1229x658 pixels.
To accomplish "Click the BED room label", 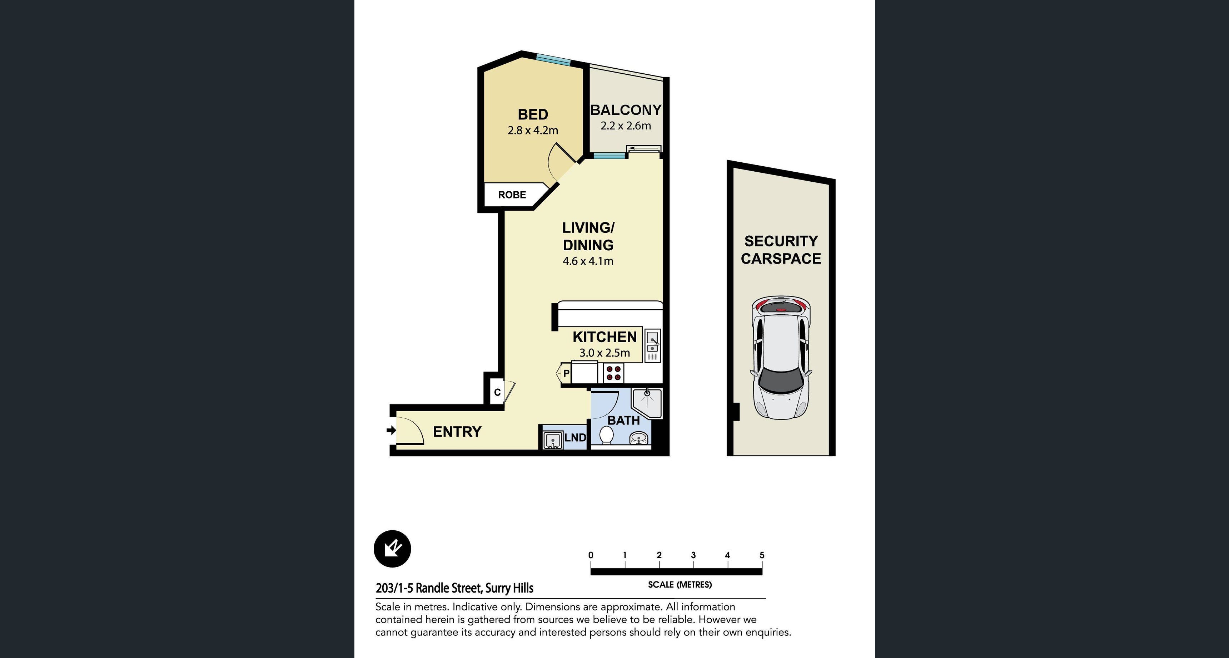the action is (x=533, y=114).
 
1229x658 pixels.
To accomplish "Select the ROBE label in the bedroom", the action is (x=512, y=195).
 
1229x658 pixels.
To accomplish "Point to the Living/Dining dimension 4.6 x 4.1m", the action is (x=588, y=261).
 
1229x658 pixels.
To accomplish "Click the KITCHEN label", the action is (x=604, y=337).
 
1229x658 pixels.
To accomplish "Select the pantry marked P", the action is (x=566, y=373).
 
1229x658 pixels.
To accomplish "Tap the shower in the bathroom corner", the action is (x=647, y=403).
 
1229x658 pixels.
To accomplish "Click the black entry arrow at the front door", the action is (x=391, y=431).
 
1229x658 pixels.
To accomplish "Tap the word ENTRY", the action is (x=457, y=432).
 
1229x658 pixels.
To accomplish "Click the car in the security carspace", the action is (x=781, y=357).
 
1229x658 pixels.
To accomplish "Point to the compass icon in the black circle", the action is (x=392, y=549).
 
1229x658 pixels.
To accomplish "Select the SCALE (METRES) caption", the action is (x=680, y=584).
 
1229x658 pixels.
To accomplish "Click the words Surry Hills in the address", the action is (x=509, y=588).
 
